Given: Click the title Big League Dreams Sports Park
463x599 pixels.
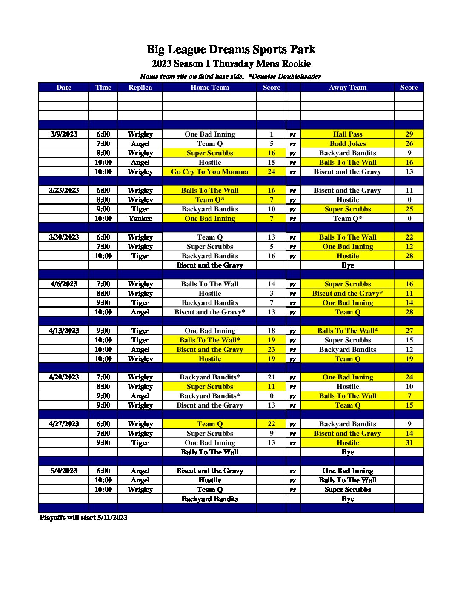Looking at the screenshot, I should point(231,49).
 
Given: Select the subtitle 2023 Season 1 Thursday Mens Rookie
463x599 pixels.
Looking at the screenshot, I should point(231,64).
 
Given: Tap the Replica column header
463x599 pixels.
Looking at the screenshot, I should point(140,87).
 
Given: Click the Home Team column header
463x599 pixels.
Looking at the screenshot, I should point(210,87).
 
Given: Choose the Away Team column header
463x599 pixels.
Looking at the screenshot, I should point(347,87).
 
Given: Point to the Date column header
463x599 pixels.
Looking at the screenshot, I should point(64,87).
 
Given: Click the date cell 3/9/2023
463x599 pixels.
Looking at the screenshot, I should point(64,134).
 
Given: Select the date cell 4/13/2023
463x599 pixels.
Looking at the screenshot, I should point(64,331).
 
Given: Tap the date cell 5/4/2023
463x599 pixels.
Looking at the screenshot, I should point(64,471).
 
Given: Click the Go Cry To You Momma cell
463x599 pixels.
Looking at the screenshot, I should point(210,171).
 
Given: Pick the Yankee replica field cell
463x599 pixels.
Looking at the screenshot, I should point(140,218).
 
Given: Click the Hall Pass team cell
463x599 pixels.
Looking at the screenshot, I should point(347,134).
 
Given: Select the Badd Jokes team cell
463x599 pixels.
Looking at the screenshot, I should point(347,143).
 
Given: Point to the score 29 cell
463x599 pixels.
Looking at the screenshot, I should point(409,134).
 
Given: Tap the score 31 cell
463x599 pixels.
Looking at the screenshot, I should point(409,442).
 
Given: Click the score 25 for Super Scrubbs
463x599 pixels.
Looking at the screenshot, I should point(409,209).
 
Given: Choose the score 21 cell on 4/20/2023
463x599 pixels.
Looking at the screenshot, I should point(272,377).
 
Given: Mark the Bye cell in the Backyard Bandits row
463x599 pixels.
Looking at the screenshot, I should point(347,499).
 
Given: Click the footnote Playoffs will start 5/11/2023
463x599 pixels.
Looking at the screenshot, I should point(84,517).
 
